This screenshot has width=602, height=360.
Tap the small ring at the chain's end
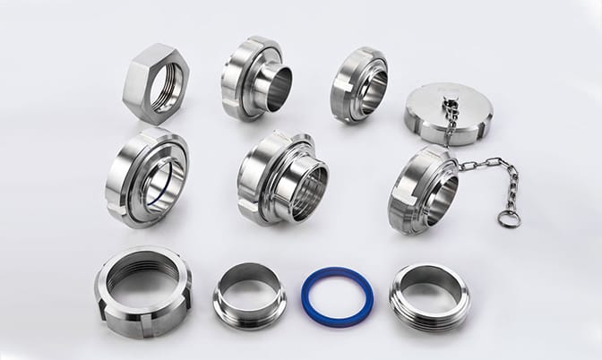tap(509, 218)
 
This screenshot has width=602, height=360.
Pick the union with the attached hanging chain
tap(423, 190)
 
